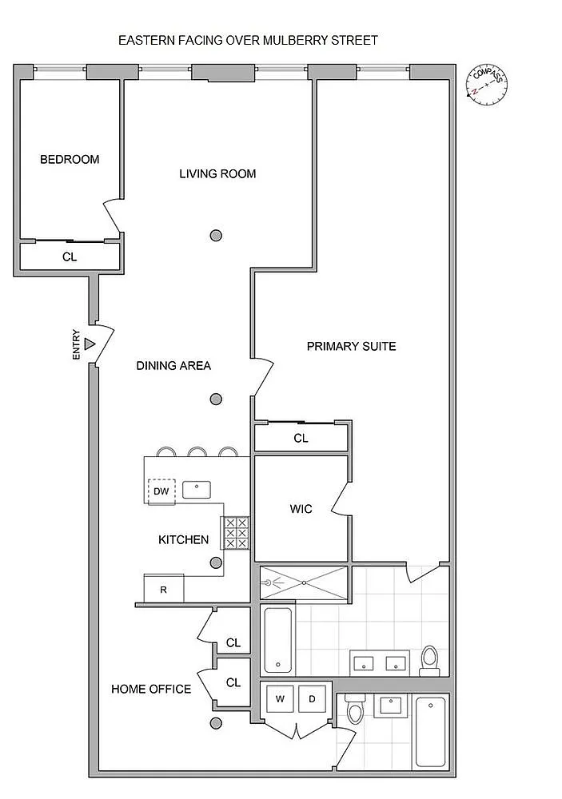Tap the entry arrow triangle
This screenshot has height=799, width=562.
90,344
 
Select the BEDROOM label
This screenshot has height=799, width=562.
70,160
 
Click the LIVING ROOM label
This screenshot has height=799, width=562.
217,173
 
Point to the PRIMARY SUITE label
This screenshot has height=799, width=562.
352,347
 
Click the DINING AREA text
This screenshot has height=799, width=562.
173,365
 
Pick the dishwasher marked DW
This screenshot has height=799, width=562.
161,491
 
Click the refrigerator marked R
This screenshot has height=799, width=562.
164,589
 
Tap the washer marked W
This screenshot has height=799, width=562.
280,699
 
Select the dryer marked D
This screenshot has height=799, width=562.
312,699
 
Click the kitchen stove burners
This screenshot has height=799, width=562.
236,533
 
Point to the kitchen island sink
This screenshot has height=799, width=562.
197,490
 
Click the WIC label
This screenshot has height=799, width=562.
301,509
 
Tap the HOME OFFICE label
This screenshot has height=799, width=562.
151,690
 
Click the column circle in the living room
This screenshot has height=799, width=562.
216,236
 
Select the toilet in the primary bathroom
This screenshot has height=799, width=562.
429,661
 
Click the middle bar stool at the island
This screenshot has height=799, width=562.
197,451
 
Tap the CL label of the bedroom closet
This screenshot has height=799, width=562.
70,256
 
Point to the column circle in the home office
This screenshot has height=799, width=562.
216,723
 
